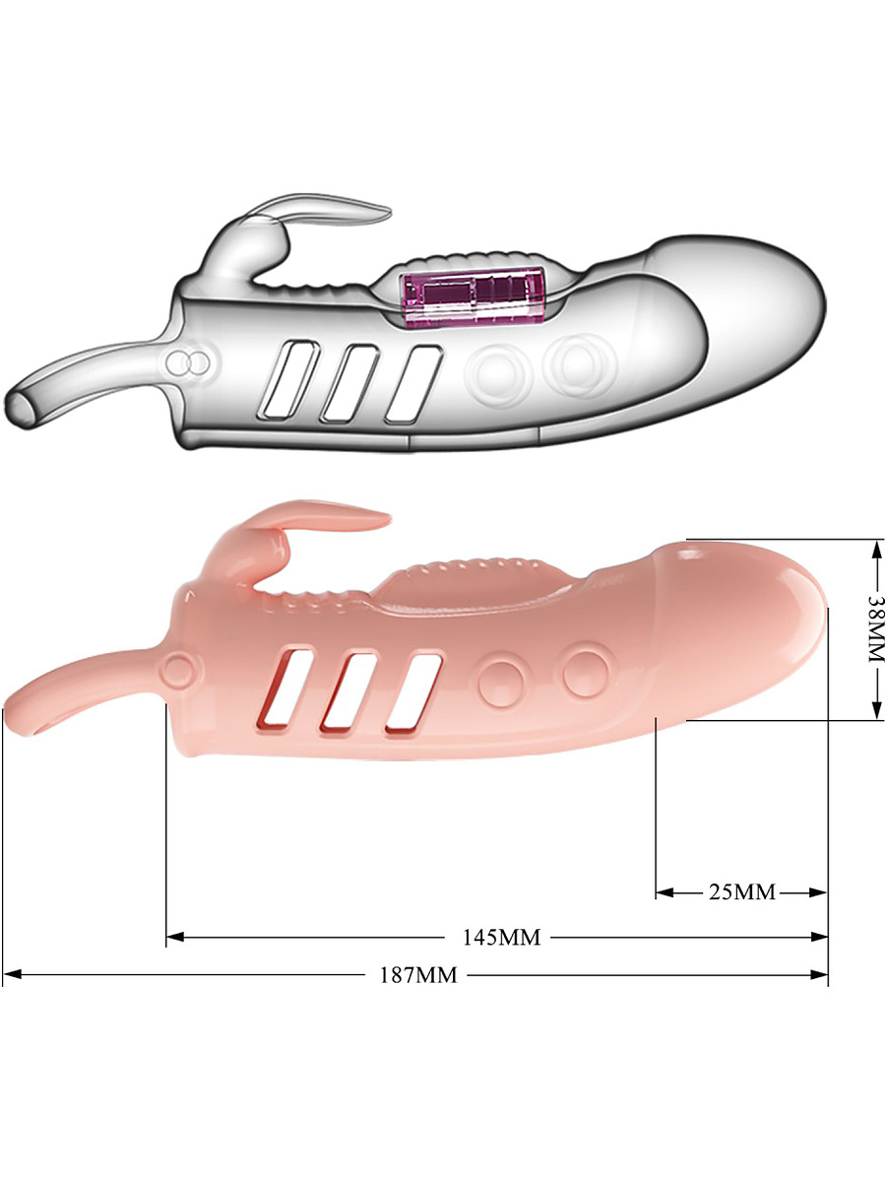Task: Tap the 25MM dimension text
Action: [x=742, y=892]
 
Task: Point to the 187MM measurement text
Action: [x=418, y=975]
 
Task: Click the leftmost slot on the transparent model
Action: [x=288, y=379]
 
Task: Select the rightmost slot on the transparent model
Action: [x=413, y=383]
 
